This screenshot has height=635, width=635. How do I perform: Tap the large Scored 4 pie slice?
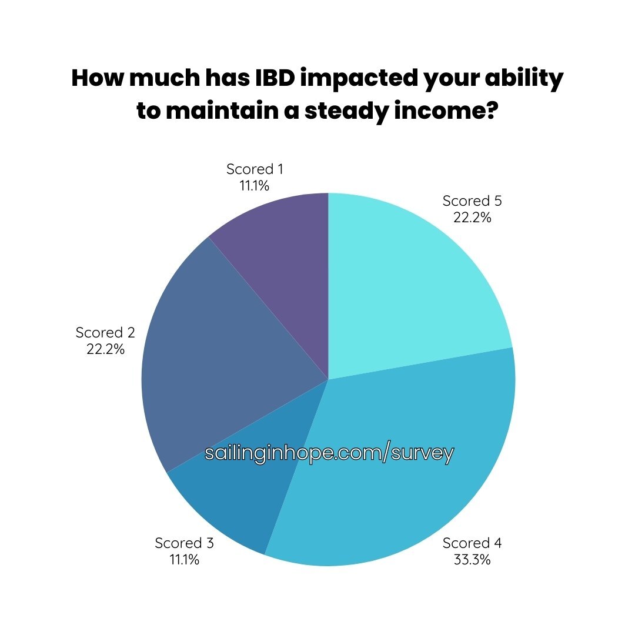(405, 466)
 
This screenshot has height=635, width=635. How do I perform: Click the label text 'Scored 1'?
(255, 169)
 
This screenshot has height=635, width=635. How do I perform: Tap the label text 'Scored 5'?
(472, 200)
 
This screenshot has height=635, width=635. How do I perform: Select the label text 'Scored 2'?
(105, 332)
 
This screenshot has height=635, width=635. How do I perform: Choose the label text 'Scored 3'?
(184, 543)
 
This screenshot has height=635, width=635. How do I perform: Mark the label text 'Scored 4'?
(472, 543)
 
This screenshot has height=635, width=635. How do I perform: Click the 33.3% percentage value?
(472, 560)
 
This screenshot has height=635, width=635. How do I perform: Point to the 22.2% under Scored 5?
(472, 218)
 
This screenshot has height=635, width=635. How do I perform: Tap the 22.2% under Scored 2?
(105, 349)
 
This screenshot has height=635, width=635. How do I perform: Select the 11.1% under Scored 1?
(255, 186)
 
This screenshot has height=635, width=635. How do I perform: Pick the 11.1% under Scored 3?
(184, 560)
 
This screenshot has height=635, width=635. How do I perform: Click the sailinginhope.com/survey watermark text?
(329, 453)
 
